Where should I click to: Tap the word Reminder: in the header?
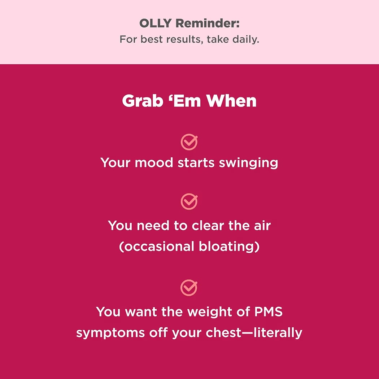pyautogui.click(x=208, y=24)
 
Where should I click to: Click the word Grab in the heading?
pyautogui.click(x=142, y=101)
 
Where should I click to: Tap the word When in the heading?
pyautogui.click(x=231, y=101)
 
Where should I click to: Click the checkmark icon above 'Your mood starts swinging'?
pyautogui.click(x=189, y=142)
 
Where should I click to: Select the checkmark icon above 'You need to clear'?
pyautogui.click(x=189, y=201)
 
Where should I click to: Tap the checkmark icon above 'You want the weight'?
pyautogui.click(x=189, y=287)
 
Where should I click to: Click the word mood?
pyautogui.click(x=154, y=163)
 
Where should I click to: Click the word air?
pyautogui.click(x=262, y=226)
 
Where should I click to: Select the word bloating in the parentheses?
pyautogui.click(x=229, y=247)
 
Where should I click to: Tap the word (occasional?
pyautogui.click(x=157, y=247)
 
